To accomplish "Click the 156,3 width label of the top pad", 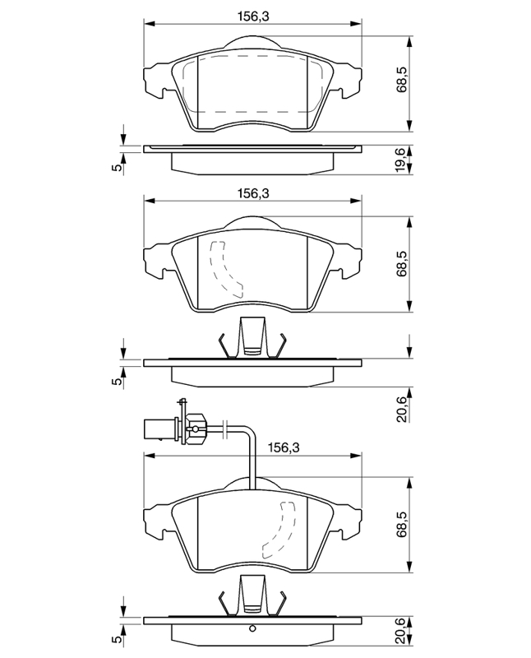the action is tap(253, 16).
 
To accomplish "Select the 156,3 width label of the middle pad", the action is tap(253, 193).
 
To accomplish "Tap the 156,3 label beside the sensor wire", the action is tap(284, 447).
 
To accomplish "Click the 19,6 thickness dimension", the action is tap(403, 159).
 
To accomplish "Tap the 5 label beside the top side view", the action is tap(118, 167).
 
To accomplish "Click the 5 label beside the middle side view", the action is tap(118, 381).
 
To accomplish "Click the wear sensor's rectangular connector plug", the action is tap(159, 429).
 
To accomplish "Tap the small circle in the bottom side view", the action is tap(252, 628).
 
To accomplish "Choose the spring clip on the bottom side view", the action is tap(252, 595).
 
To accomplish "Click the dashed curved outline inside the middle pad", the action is tap(226, 270).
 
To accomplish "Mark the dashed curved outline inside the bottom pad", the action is tap(279, 531).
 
